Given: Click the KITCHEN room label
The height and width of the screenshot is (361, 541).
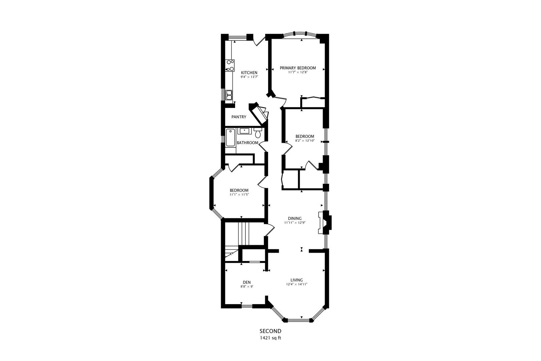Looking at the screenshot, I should pos(249,73).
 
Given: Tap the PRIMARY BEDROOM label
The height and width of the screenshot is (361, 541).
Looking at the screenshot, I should pos(298,68).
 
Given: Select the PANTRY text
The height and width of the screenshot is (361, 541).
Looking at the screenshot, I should pos(239,117).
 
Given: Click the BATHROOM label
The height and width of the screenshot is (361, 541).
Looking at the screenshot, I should pos(247,143).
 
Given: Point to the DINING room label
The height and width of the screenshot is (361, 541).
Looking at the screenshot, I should pos(295,218).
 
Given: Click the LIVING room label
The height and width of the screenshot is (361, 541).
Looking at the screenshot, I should pos(296,280).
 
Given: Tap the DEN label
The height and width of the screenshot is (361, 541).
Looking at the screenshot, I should pos(246,282).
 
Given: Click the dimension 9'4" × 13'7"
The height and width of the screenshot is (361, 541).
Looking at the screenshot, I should pos(249,77).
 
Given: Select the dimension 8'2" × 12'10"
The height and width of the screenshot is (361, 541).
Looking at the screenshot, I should pos(305,141).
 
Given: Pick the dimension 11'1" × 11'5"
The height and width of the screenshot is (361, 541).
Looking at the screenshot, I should pos(239,195).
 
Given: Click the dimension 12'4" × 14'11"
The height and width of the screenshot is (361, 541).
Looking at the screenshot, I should pos(296,284).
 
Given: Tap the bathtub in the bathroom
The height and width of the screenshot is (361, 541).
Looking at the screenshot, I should pos(230,138).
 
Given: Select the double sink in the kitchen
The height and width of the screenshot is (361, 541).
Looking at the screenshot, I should pos(229,95).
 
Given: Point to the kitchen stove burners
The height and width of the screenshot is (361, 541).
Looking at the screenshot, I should pos(230,66).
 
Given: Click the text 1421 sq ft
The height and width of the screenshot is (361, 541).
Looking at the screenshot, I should pos(270,338).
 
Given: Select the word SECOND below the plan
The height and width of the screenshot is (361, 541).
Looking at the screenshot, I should pos(270,331).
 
